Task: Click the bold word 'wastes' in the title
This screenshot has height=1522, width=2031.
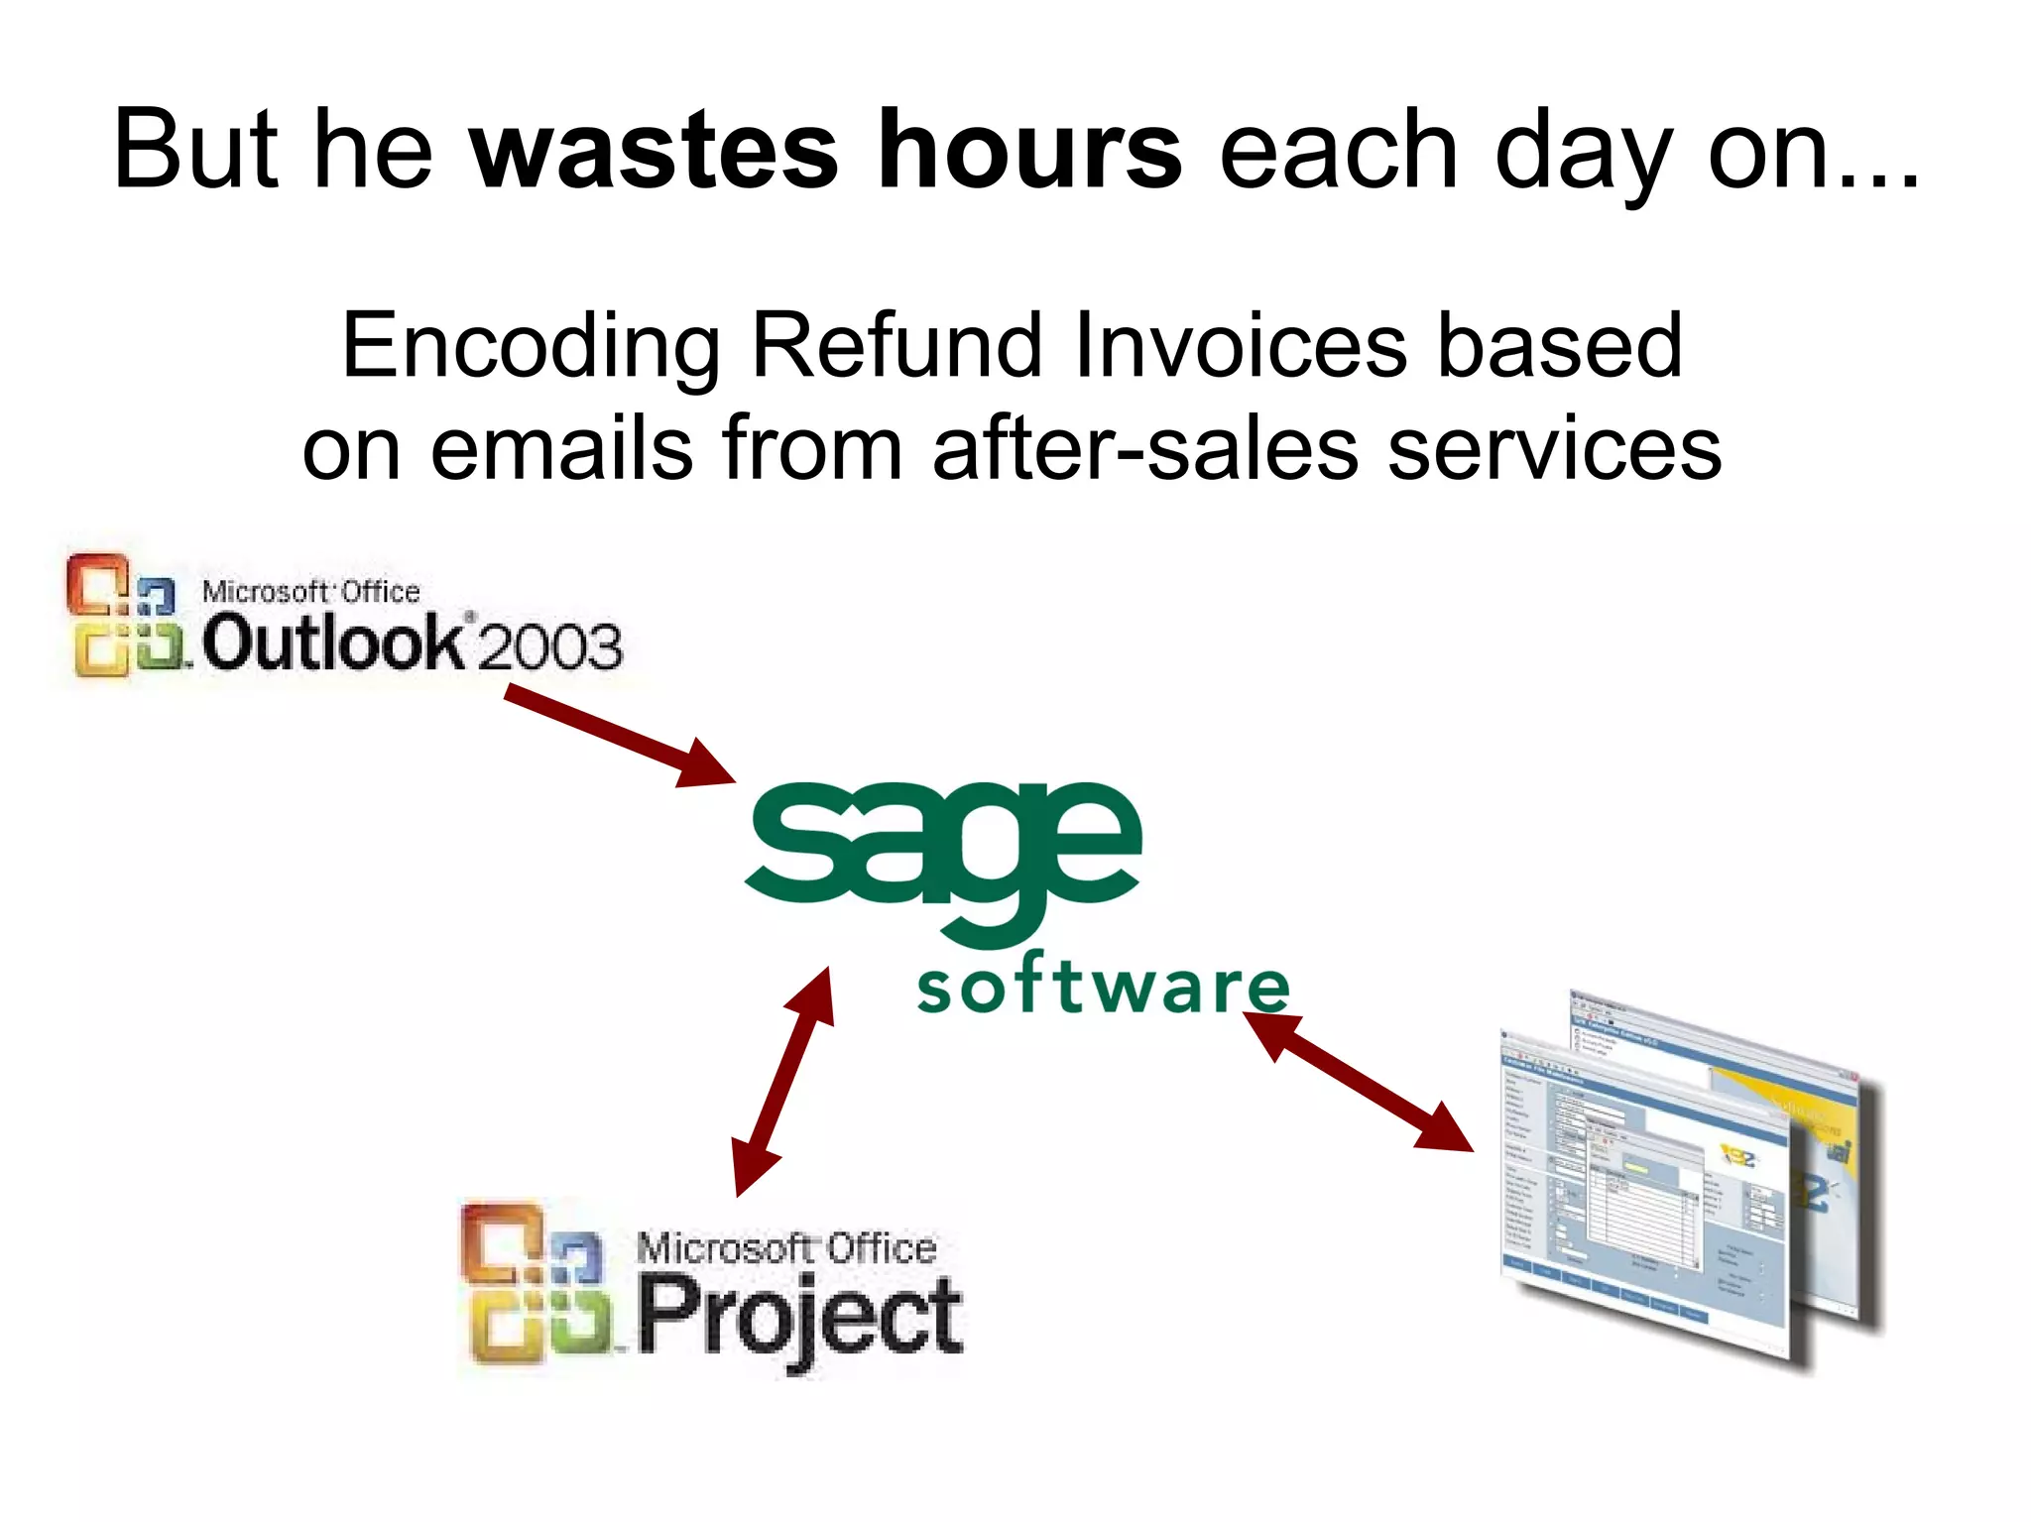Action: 654,151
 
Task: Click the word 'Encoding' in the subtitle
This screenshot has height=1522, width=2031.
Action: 531,347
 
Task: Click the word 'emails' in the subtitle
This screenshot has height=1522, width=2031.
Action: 561,449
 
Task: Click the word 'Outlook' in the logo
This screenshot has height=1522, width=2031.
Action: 332,643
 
